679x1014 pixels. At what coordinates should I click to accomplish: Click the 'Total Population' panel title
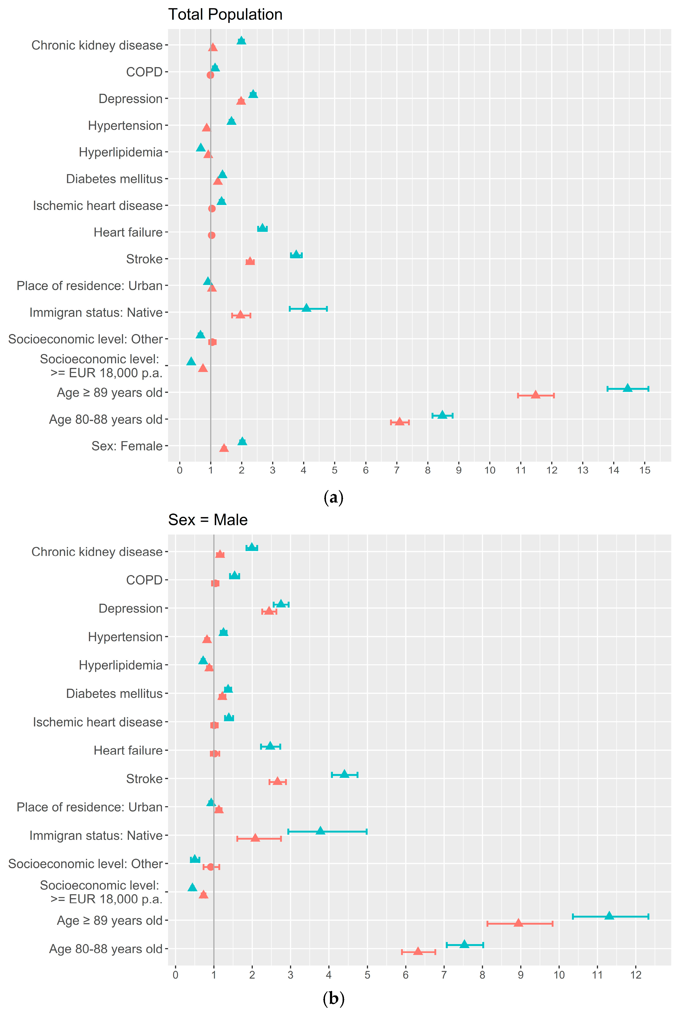225,15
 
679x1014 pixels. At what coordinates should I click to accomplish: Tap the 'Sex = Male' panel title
208,520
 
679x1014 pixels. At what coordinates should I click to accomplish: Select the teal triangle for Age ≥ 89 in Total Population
627,388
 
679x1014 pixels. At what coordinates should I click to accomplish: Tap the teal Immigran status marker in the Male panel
320,830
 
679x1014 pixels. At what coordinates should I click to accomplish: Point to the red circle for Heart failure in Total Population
211,235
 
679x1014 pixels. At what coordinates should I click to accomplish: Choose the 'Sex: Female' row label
127,446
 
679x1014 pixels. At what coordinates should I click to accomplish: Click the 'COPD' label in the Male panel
144,580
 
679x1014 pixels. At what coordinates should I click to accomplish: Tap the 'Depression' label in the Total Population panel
130,99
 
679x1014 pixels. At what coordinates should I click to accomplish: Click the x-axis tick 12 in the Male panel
636,975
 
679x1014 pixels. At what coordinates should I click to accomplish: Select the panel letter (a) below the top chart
334,498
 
